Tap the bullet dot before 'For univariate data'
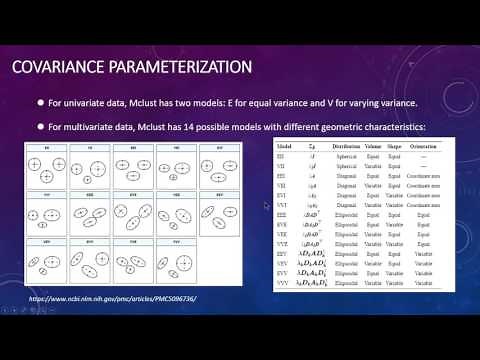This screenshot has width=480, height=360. pyautogui.click(x=41, y=103)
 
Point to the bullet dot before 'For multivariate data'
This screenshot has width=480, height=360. pyautogui.click(x=41, y=127)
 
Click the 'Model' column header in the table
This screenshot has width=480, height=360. pyautogui.click(x=286, y=145)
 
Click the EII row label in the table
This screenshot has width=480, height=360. pyautogui.click(x=284, y=155)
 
